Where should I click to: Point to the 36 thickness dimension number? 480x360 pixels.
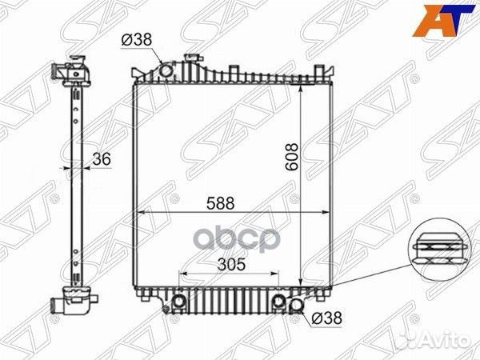(101, 159)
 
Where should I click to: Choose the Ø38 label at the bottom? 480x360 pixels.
(326, 318)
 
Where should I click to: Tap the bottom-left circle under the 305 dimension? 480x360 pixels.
(180, 302)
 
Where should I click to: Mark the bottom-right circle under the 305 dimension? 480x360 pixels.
(278, 302)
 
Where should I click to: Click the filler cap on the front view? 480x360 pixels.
(193, 59)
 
